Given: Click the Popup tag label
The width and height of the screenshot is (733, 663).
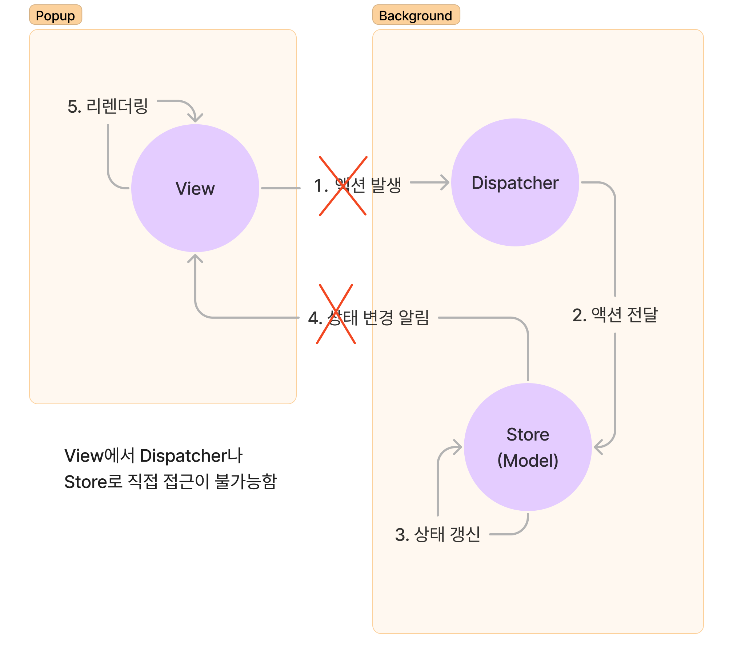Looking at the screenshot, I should [x=55, y=15].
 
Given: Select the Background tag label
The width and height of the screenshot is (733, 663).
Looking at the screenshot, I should [x=416, y=15].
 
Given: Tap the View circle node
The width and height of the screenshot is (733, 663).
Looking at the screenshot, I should [x=195, y=188].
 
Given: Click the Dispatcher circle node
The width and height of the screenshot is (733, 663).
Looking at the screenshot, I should [x=515, y=182].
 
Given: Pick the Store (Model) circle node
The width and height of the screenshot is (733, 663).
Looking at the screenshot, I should [x=528, y=447].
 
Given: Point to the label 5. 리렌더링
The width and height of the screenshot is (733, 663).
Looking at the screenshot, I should [x=108, y=107].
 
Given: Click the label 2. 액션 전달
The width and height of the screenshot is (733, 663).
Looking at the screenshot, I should [x=615, y=315].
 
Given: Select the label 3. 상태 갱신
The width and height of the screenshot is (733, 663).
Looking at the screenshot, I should [x=437, y=534].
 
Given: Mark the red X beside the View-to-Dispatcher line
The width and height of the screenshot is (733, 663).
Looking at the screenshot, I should [x=343, y=186].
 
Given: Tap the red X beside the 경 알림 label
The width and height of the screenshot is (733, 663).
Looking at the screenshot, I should [x=336, y=314].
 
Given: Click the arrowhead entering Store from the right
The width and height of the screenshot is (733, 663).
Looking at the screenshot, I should [x=598, y=447].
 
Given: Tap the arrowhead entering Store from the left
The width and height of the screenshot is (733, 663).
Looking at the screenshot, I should [x=458, y=446].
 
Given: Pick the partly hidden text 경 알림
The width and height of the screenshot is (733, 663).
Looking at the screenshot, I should [x=400, y=317].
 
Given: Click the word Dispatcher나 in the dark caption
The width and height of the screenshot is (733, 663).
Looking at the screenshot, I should [x=191, y=456].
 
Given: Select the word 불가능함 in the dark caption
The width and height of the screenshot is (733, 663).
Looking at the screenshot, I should [x=246, y=482].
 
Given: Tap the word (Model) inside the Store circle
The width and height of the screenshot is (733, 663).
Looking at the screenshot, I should [x=528, y=461].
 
